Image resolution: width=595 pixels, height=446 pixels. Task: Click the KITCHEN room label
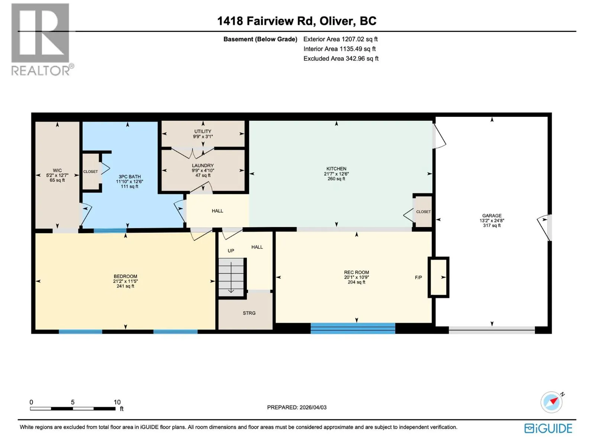click(x=336, y=168)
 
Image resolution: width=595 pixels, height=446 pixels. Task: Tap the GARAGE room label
click(x=492, y=216)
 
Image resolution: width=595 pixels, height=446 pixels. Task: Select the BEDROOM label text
click(x=125, y=276)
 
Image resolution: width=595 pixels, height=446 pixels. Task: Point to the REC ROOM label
click(x=357, y=272)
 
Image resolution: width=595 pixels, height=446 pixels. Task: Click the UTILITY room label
click(x=203, y=131)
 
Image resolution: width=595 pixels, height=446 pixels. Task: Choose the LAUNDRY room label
click(x=203, y=165)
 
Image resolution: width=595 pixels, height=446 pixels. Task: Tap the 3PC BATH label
click(x=129, y=177)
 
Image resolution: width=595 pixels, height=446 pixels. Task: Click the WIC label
click(x=57, y=170)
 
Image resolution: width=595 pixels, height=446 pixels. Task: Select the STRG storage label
click(x=249, y=313)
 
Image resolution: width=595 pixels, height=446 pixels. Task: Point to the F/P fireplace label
click(x=418, y=277)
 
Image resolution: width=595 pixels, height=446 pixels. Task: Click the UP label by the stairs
click(x=231, y=251)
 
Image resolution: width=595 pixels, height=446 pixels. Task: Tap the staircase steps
click(x=231, y=277)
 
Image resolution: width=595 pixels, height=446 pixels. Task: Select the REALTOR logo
click(x=42, y=40)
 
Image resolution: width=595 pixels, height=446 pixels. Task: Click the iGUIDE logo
click(x=548, y=429)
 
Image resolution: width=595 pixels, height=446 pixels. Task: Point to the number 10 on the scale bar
click(x=117, y=402)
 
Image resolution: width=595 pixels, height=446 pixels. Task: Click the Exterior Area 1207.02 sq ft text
click(x=340, y=39)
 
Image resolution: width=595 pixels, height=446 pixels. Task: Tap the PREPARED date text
click(x=297, y=407)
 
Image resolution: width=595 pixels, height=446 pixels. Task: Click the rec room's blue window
click(x=353, y=328)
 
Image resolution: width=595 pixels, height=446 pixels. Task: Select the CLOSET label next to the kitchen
click(x=423, y=212)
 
